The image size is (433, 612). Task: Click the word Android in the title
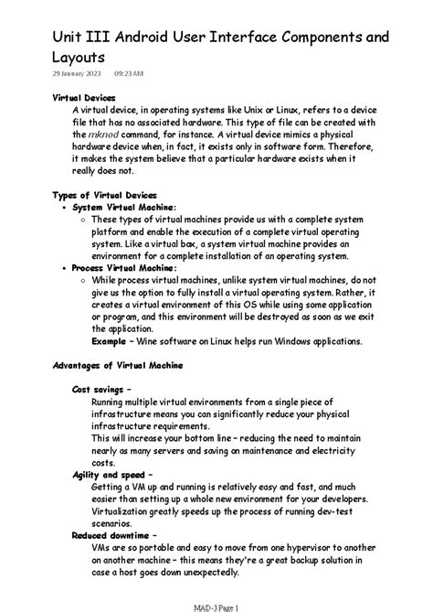coord(147,36)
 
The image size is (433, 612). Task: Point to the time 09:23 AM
coord(129,72)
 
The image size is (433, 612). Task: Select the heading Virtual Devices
coord(85,96)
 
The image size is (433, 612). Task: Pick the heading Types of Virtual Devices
coord(105,195)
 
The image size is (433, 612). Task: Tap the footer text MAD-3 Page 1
coord(216,606)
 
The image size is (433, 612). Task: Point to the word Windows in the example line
coord(276,340)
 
